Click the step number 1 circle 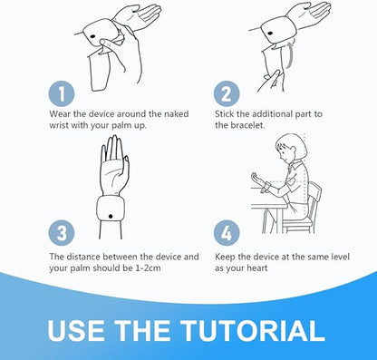pyautogui.click(x=62, y=93)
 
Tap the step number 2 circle pyautogui.click(x=227, y=93)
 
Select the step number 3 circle pyautogui.click(x=62, y=233)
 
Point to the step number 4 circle pyautogui.click(x=227, y=233)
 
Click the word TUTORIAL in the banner pyautogui.click(x=252, y=330)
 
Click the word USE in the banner pyautogui.click(x=76, y=330)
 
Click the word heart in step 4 pyautogui.click(x=257, y=268)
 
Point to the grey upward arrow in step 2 pyautogui.click(x=290, y=55)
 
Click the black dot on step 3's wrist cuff pyautogui.click(x=111, y=216)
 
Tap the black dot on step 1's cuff pyautogui.click(x=92, y=36)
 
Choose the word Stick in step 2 pyautogui.click(x=225, y=114)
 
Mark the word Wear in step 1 pyautogui.click(x=60, y=114)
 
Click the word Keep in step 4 pyautogui.click(x=225, y=257)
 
